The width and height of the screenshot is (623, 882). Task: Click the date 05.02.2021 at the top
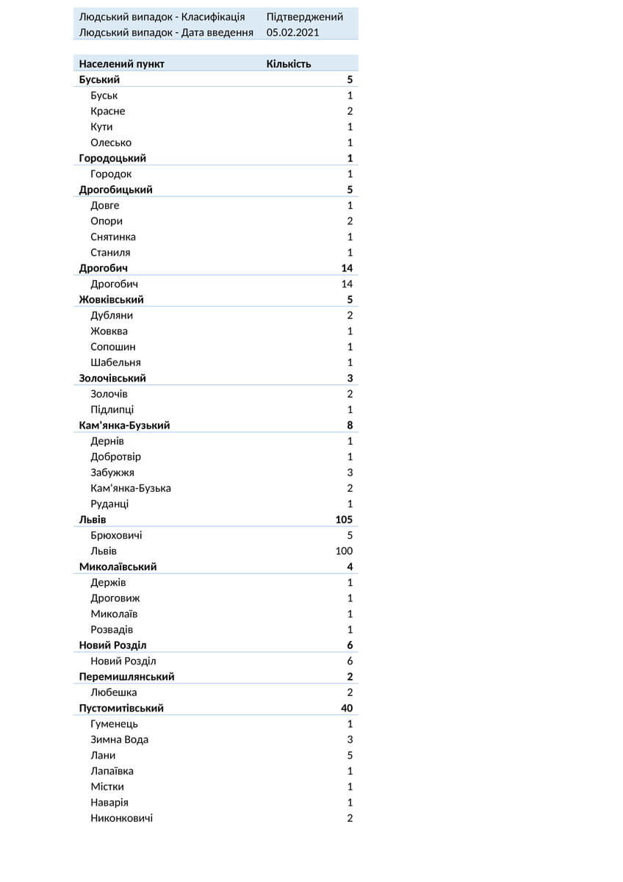[293, 32]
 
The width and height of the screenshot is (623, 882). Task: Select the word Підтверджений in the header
[305, 17]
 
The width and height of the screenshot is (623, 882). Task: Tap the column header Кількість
[289, 64]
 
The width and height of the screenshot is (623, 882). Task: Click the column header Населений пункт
[122, 64]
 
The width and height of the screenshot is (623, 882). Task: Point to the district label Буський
[99, 79]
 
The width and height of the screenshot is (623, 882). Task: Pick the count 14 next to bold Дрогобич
[347, 268]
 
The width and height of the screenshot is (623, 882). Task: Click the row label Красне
[108, 111]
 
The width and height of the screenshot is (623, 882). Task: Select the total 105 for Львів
[344, 520]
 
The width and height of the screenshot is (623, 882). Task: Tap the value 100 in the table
[344, 551]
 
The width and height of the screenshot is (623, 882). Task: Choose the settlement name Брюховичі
[117, 535]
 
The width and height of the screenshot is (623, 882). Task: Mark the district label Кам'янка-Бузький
[125, 426]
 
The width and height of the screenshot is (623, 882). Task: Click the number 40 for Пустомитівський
[347, 709]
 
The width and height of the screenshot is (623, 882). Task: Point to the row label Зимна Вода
[120, 739]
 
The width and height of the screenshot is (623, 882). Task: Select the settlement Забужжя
[112, 473]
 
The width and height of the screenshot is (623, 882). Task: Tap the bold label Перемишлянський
[127, 677]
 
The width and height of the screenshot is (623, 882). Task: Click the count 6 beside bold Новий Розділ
[350, 645]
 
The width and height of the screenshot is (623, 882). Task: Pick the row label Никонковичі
[122, 818]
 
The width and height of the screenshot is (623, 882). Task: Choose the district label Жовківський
[112, 300]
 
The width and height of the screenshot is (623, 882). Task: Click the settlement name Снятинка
[113, 237]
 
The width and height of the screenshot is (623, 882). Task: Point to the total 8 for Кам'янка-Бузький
[350, 426]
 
